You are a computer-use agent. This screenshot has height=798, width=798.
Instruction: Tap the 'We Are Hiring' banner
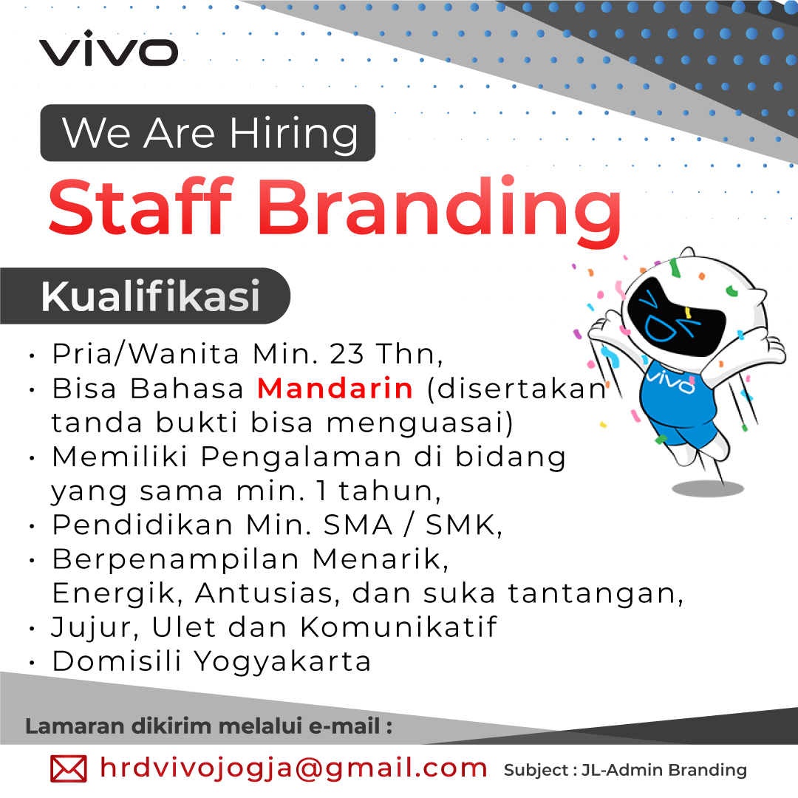208,133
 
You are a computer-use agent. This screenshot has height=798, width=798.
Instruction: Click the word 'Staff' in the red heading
140,207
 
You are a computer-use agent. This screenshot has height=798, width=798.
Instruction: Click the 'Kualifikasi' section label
151,296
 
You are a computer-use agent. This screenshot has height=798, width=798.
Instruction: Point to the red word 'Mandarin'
335,389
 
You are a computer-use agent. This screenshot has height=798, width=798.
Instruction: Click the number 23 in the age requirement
347,354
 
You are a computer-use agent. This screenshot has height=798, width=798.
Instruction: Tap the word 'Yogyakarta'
282,663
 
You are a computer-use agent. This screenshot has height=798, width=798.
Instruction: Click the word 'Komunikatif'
398,627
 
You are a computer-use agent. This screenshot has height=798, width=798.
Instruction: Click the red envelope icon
68,768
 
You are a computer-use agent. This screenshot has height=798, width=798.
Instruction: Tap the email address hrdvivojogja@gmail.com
293,768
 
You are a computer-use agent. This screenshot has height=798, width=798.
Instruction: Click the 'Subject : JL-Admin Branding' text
625,771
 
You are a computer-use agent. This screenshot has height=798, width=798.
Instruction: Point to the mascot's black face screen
676,316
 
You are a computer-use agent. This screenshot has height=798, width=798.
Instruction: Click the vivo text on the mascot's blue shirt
670,382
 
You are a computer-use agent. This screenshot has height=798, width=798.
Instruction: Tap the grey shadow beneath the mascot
707,489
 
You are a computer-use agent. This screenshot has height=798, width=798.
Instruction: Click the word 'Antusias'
265,593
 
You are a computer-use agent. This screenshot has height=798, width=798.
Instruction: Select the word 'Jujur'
95,628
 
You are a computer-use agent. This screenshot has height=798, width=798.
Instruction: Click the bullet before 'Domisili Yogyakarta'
32,663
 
